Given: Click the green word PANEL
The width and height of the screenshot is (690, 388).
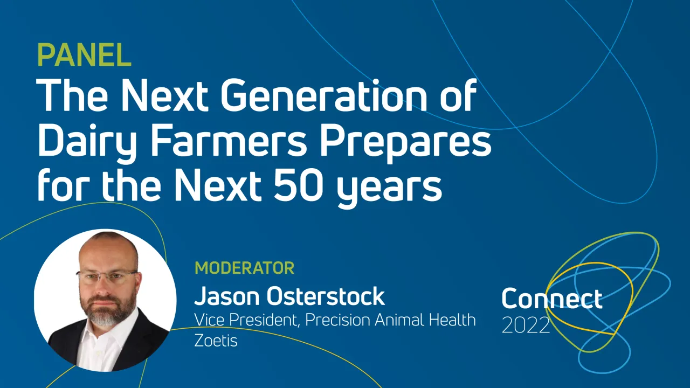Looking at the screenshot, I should coord(84,54).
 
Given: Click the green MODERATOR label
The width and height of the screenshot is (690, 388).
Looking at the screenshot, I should coord(244,268).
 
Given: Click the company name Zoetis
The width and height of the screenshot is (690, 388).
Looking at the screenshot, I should coord(216,341).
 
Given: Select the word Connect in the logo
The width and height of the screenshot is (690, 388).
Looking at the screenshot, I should coord(551,299).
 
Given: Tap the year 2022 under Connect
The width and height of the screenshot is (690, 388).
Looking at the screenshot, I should coord(526,325).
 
